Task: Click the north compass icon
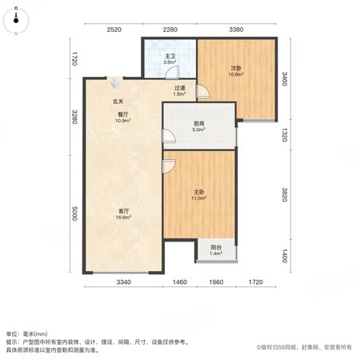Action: pos(16,20)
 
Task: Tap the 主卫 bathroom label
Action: pos(170,56)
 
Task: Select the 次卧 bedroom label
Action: pos(236,68)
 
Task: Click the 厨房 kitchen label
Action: pos(199,124)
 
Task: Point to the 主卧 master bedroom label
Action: pos(199,192)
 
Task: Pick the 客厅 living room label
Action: pos(123,211)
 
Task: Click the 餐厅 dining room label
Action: pos(123,114)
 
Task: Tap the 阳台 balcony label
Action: pos(216,247)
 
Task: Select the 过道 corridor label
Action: pos(180,88)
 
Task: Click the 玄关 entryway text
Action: pos(118,102)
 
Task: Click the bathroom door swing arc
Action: pos(172,73)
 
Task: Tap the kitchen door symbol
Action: pos(169,136)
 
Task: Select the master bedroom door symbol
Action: pos(169,166)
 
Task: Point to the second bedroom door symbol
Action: pos(202,91)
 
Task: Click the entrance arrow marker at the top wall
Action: pos(115,82)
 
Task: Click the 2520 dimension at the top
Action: pos(114,30)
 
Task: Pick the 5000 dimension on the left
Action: pos(74,214)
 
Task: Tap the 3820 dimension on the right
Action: pos(285,194)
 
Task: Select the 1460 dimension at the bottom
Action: pos(180,282)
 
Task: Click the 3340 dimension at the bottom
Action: pos(124,282)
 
